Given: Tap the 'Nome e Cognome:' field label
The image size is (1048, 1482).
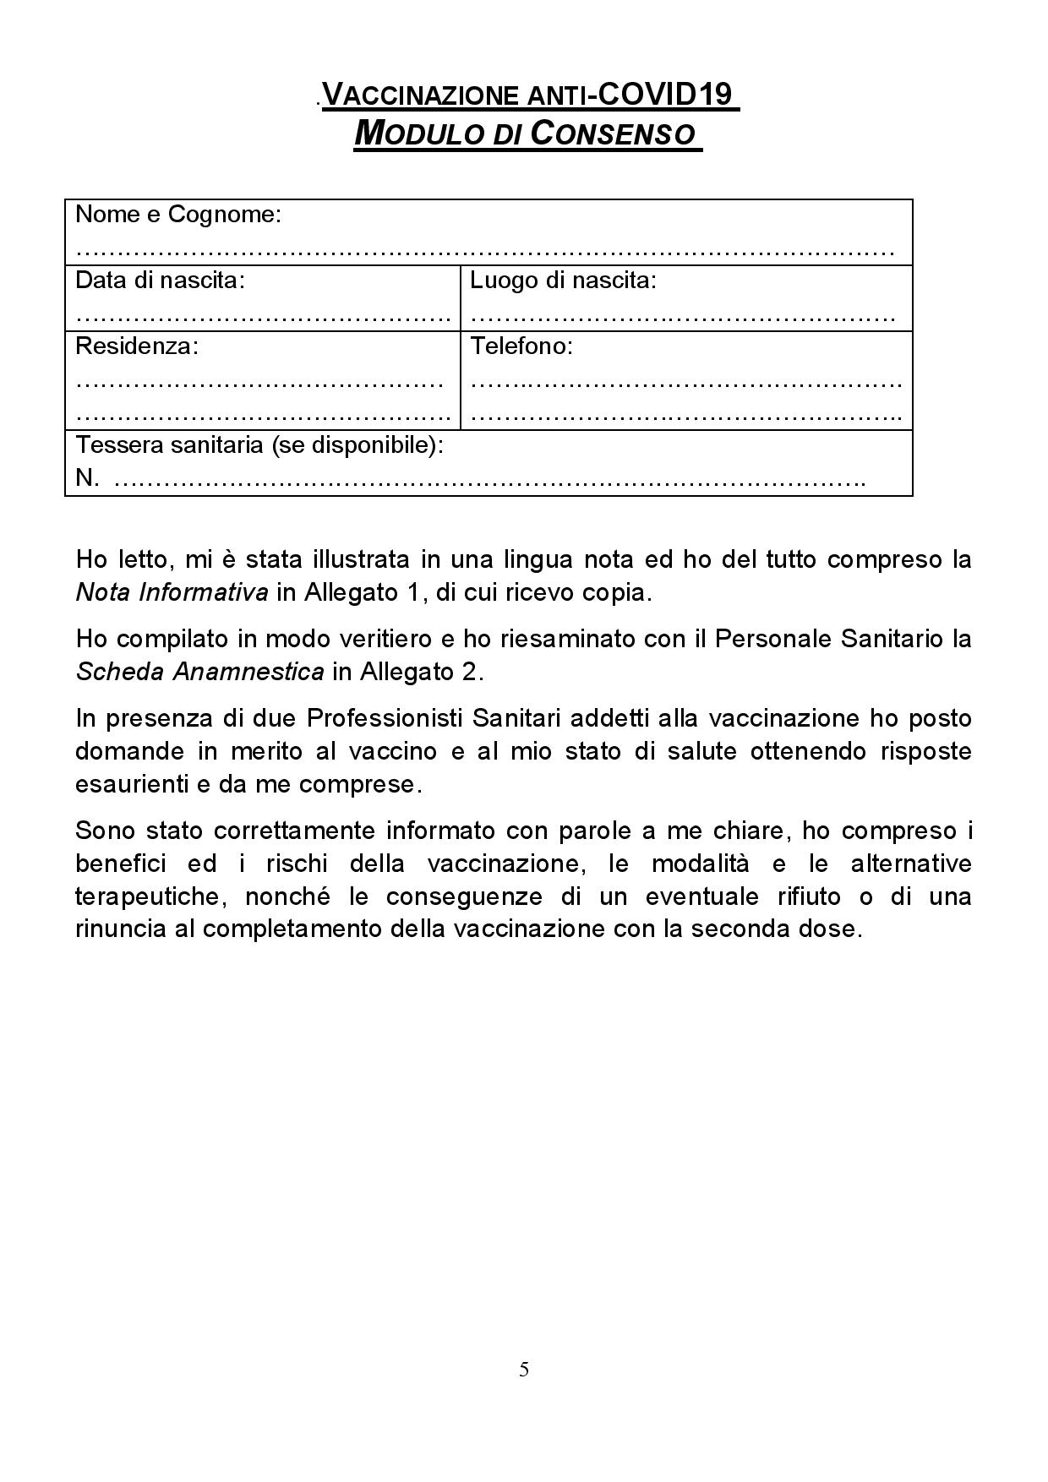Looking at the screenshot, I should [x=177, y=215].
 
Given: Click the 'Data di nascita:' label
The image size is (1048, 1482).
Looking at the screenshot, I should [x=160, y=281].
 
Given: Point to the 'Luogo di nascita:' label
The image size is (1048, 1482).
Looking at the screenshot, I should [x=563, y=281].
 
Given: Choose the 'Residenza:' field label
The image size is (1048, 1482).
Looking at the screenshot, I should [x=137, y=346].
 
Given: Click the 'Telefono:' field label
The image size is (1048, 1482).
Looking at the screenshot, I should [x=521, y=346].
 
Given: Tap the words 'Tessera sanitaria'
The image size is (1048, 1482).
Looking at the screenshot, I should [x=170, y=445].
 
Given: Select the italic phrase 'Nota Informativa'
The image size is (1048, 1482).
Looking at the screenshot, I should [x=172, y=592].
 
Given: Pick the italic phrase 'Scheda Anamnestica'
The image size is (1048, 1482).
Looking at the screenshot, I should [x=199, y=672].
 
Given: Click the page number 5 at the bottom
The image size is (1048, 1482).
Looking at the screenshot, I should [x=524, y=1370].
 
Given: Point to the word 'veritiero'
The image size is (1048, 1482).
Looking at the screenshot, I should [x=380, y=639].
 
